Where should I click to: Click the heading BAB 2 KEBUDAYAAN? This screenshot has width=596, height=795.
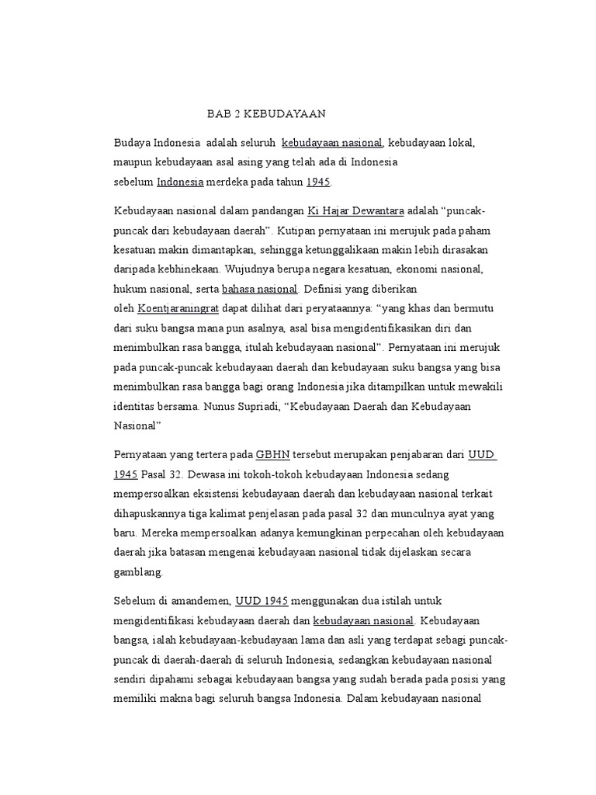point(266,114)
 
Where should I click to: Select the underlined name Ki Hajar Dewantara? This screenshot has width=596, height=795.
point(356,211)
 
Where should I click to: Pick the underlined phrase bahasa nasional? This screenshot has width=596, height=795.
point(260,289)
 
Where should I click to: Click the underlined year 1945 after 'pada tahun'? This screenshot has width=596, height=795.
point(318,182)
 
